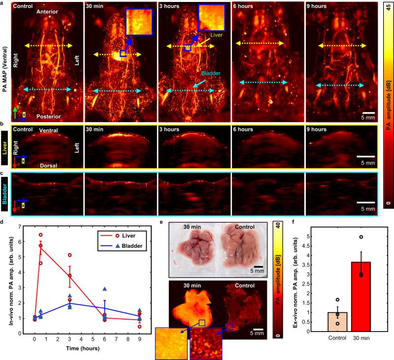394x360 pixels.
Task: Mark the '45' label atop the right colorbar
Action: click(389, 6)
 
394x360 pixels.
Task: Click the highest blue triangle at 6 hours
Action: click(104, 290)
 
